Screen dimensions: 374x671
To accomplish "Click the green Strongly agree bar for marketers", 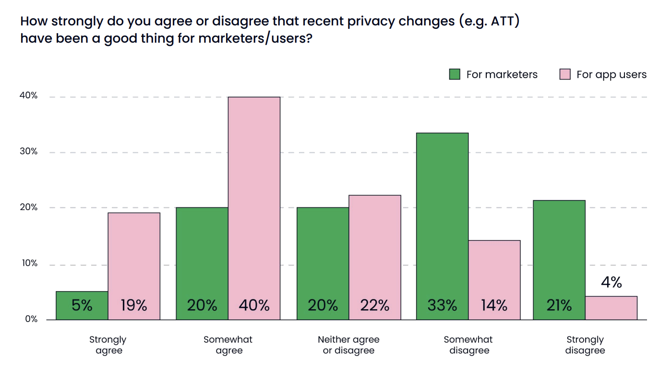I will click(x=82, y=305).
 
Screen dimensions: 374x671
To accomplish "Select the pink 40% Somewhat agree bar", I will click(x=254, y=208).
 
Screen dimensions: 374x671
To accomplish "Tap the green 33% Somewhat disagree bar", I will click(x=442, y=226).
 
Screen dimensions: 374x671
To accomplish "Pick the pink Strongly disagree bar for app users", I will click(x=611, y=308).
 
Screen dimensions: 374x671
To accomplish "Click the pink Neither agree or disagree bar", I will click(x=375, y=257).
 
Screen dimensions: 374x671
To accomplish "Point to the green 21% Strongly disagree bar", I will click(x=559, y=259).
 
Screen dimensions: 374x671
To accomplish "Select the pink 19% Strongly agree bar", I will click(x=134, y=266).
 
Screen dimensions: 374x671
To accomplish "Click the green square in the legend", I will click(x=455, y=74).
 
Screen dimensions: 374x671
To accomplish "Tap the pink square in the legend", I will click(x=565, y=74).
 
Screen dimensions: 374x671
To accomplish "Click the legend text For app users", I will click(x=611, y=75).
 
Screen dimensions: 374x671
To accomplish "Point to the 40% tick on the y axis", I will click(x=28, y=95).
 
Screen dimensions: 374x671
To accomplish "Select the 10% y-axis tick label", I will click(x=28, y=263).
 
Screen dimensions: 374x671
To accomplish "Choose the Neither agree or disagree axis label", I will click(x=348, y=345).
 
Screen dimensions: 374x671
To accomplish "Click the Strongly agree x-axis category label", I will click(x=108, y=345).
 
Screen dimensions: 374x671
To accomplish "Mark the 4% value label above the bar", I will click(x=611, y=283).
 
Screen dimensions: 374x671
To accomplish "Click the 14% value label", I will click(x=494, y=305).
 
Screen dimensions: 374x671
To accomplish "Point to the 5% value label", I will click(x=82, y=305).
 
